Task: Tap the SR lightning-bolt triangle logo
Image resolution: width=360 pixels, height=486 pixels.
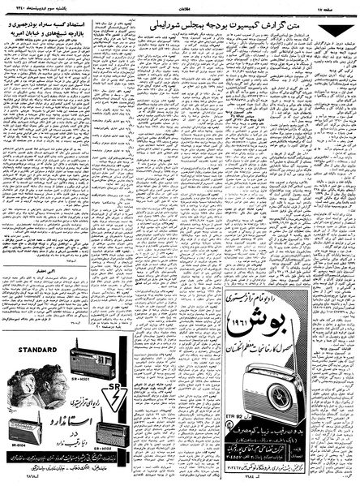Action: [118, 397]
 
